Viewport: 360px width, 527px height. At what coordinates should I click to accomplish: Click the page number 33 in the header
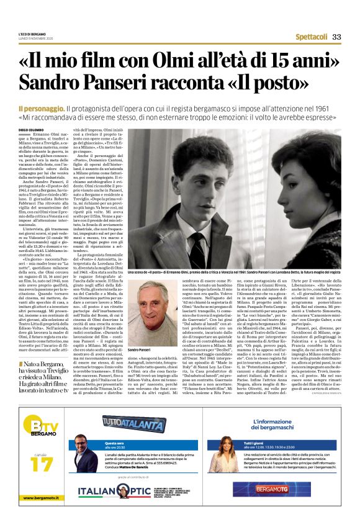click(x=336, y=37)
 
